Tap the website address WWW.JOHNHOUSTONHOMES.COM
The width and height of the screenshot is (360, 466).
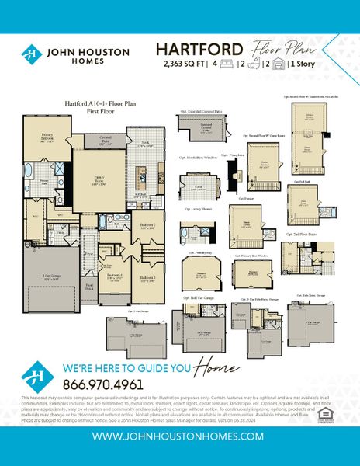(x=179, y=436)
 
